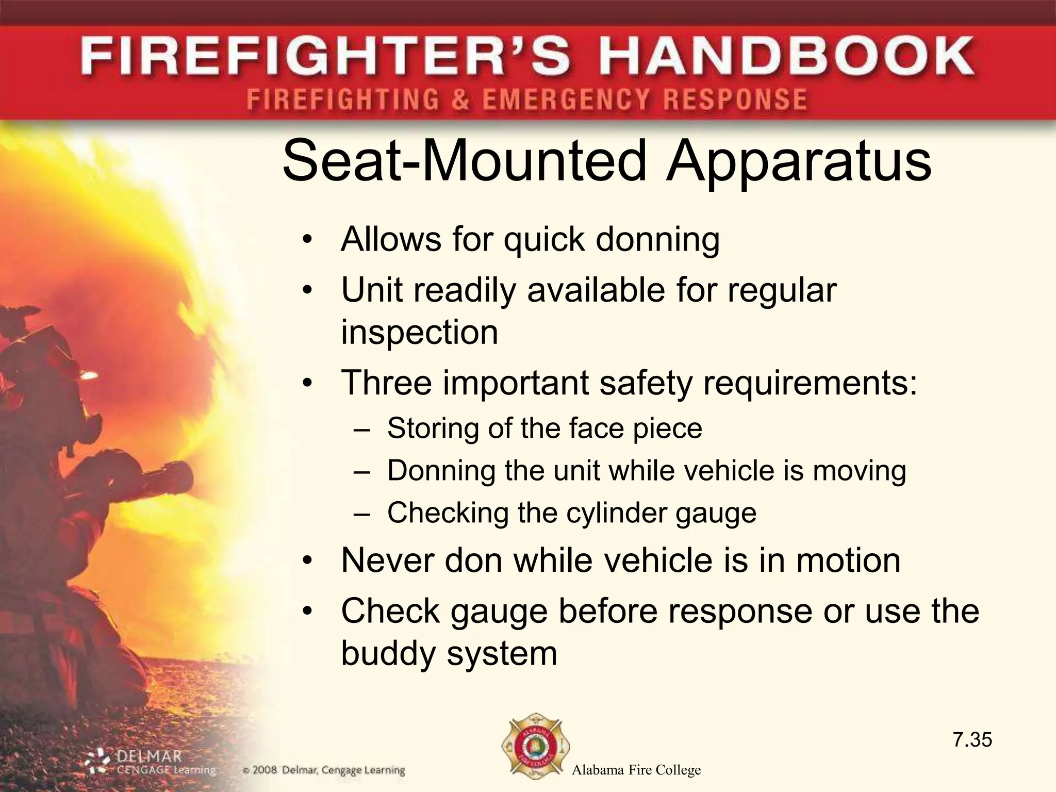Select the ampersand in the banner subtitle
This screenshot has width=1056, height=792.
pos(460,99)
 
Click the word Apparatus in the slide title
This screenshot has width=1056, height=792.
pos(798,161)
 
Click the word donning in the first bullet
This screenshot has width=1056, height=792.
pos(657,240)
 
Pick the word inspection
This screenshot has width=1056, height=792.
pos(420,333)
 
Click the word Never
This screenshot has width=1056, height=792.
pos(388,560)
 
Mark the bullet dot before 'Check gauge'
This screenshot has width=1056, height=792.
pos(308,612)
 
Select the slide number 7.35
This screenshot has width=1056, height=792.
pos(972,740)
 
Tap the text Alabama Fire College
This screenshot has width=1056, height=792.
pos(636,770)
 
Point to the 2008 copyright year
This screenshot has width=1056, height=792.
pos(265,770)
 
